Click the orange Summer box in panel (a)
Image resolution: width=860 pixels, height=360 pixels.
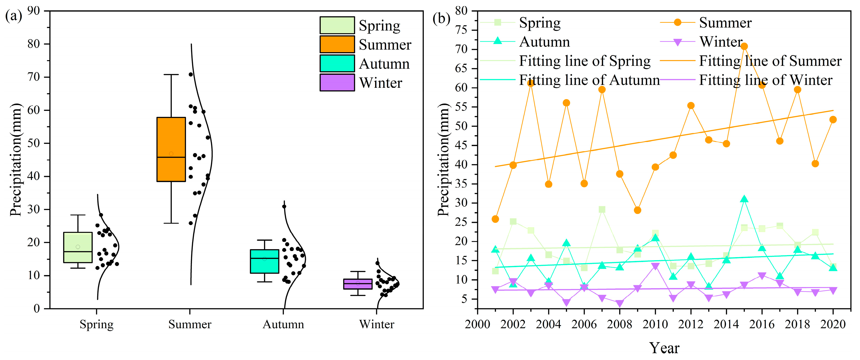(x=171, y=149)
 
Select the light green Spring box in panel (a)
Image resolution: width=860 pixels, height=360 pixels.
(x=78, y=247)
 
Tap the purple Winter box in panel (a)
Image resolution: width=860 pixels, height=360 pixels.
(x=357, y=284)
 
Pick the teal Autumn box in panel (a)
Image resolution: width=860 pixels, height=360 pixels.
(x=264, y=261)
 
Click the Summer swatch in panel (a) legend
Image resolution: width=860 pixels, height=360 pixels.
(x=337, y=45)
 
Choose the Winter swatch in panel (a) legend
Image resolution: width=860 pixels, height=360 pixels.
(x=337, y=82)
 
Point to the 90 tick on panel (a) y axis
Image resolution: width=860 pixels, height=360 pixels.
(x=33, y=11)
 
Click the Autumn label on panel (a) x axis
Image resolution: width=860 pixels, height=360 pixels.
(x=283, y=324)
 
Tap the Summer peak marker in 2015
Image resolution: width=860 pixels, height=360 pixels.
(x=744, y=46)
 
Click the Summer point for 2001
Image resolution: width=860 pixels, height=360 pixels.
(x=495, y=219)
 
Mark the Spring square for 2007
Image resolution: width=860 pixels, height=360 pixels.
(x=602, y=209)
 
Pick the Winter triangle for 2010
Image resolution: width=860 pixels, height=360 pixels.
(x=655, y=266)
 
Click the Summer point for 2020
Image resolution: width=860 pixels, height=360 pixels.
(x=833, y=119)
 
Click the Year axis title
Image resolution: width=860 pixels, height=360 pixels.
(x=664, y=348)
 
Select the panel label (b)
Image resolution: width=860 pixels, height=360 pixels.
(x=441, y=18)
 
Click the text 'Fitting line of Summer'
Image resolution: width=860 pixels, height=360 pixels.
(x=770, y=61)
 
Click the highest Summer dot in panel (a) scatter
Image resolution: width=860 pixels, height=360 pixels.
(x=191, y=74)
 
